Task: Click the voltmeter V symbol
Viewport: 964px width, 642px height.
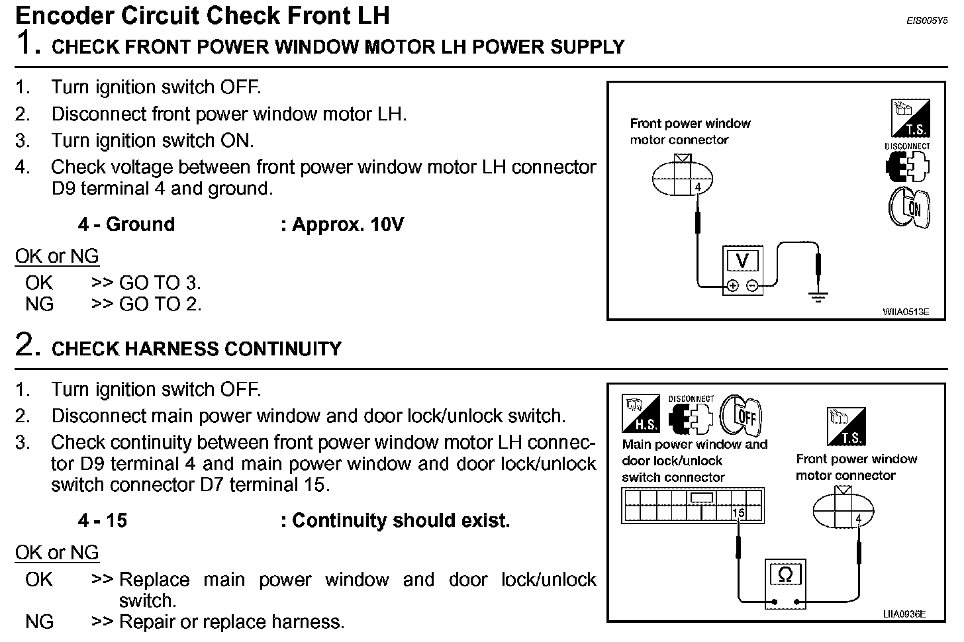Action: tap(742, 261)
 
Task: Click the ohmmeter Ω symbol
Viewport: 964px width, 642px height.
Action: tap(785, 574)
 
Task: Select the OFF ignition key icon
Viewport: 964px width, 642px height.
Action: tap(742, 416)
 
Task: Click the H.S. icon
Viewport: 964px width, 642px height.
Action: tap(641, 413)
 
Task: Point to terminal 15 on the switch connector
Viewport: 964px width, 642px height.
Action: tap(738, 512)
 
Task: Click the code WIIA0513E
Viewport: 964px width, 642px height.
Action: tap(905, 311)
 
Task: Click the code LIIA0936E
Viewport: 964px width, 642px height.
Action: tap(904, 614)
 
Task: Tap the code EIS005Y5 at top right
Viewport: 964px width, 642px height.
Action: tap(927, 21)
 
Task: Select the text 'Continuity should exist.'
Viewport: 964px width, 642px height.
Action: tap(401, 521)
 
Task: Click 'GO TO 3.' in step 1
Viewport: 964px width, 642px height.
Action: tap(160, 283)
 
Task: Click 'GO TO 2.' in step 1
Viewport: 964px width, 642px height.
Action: tap(160, 304)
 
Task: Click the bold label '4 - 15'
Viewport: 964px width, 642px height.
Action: tap(102, 521)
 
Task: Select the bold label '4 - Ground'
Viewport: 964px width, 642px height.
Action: tap(126, 225)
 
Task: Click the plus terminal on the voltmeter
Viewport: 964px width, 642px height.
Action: tap(733, 286)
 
